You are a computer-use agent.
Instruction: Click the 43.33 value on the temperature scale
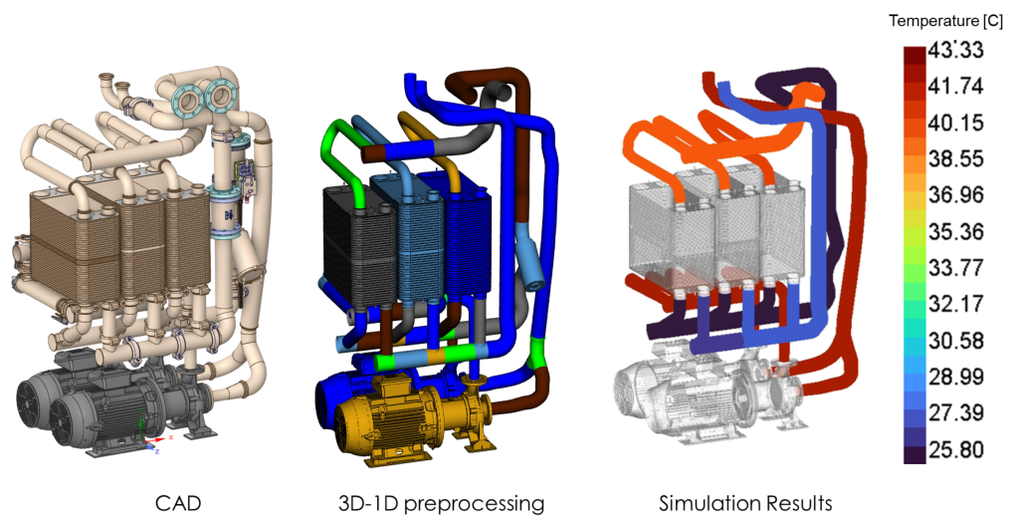pyautogui.click(x=955, y=50)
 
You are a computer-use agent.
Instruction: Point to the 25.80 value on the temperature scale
pyautogui.click(x=955, y=449)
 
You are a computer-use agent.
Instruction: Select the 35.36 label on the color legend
pyautogui.click(x=955, y=232)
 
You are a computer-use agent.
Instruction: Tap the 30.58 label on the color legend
pyautogui.click(x=955, y=341)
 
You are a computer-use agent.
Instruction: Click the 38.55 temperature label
pyautogui.click(x=955, y=158)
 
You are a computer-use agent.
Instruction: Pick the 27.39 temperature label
pyautogui.click(x=955, y=412)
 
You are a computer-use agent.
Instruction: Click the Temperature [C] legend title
pyautogui.click(x=945, y=22)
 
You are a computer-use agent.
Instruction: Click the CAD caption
pyautogui.click(x=178, y=503)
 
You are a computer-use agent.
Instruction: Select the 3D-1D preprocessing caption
pyautogui.click(x=441, y=504)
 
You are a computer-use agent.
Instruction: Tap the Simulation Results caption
pyautogui.click(x=745, y=503)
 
